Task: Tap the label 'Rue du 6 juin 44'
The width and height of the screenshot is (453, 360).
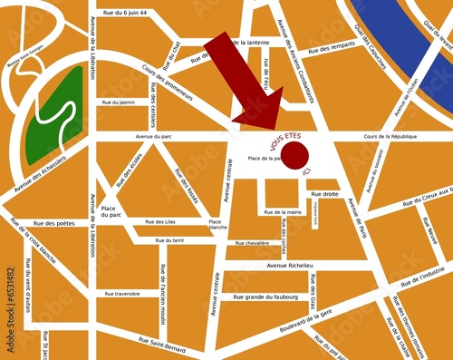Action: pyautogui.click(x=125, y=13)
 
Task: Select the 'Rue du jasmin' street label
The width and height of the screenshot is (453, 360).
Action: pyautogui.click(x=119, y=102)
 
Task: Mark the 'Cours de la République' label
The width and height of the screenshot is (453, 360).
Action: pyautogui.click(x=390, y=136)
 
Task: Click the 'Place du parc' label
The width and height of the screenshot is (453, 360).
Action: pyautogui.click(x=111, y=211)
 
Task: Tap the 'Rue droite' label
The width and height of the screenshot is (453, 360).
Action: pyautogui.click(x=324, y=194)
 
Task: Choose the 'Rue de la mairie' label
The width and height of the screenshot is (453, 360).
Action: pyautogui.click(x=283, y=212)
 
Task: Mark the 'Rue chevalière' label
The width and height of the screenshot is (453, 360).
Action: pyautogui.click(x=252, y=243)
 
